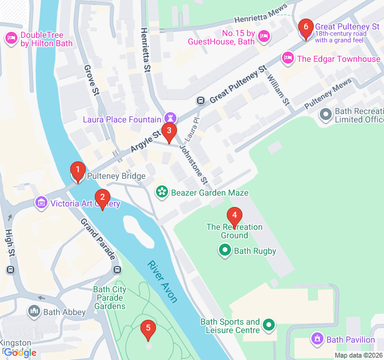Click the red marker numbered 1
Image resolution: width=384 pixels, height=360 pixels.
[77, 172]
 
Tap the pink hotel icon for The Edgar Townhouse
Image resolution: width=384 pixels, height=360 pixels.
[287, 59]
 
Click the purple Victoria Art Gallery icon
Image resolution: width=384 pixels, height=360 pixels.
[41, 203]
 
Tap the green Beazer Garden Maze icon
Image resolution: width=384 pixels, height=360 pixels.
[161, 193]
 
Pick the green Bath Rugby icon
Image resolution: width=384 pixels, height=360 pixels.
[225, 251]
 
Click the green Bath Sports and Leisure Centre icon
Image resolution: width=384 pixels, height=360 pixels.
[269, 326]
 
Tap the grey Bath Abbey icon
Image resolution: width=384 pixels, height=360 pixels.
[34, 311]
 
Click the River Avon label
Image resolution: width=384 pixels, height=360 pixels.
[162, 282]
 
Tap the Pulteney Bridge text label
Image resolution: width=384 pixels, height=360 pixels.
[116, 176]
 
